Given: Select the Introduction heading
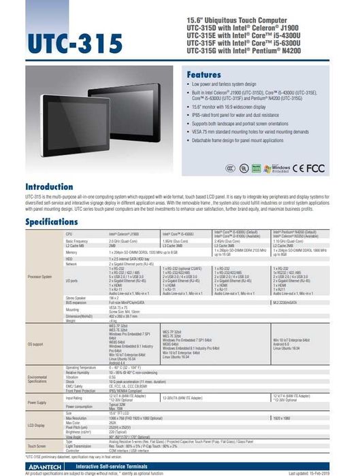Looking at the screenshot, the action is click(54, 186).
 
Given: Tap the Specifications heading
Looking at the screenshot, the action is click(56, 222).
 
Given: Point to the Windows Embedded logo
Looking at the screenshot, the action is click(280, 167).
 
